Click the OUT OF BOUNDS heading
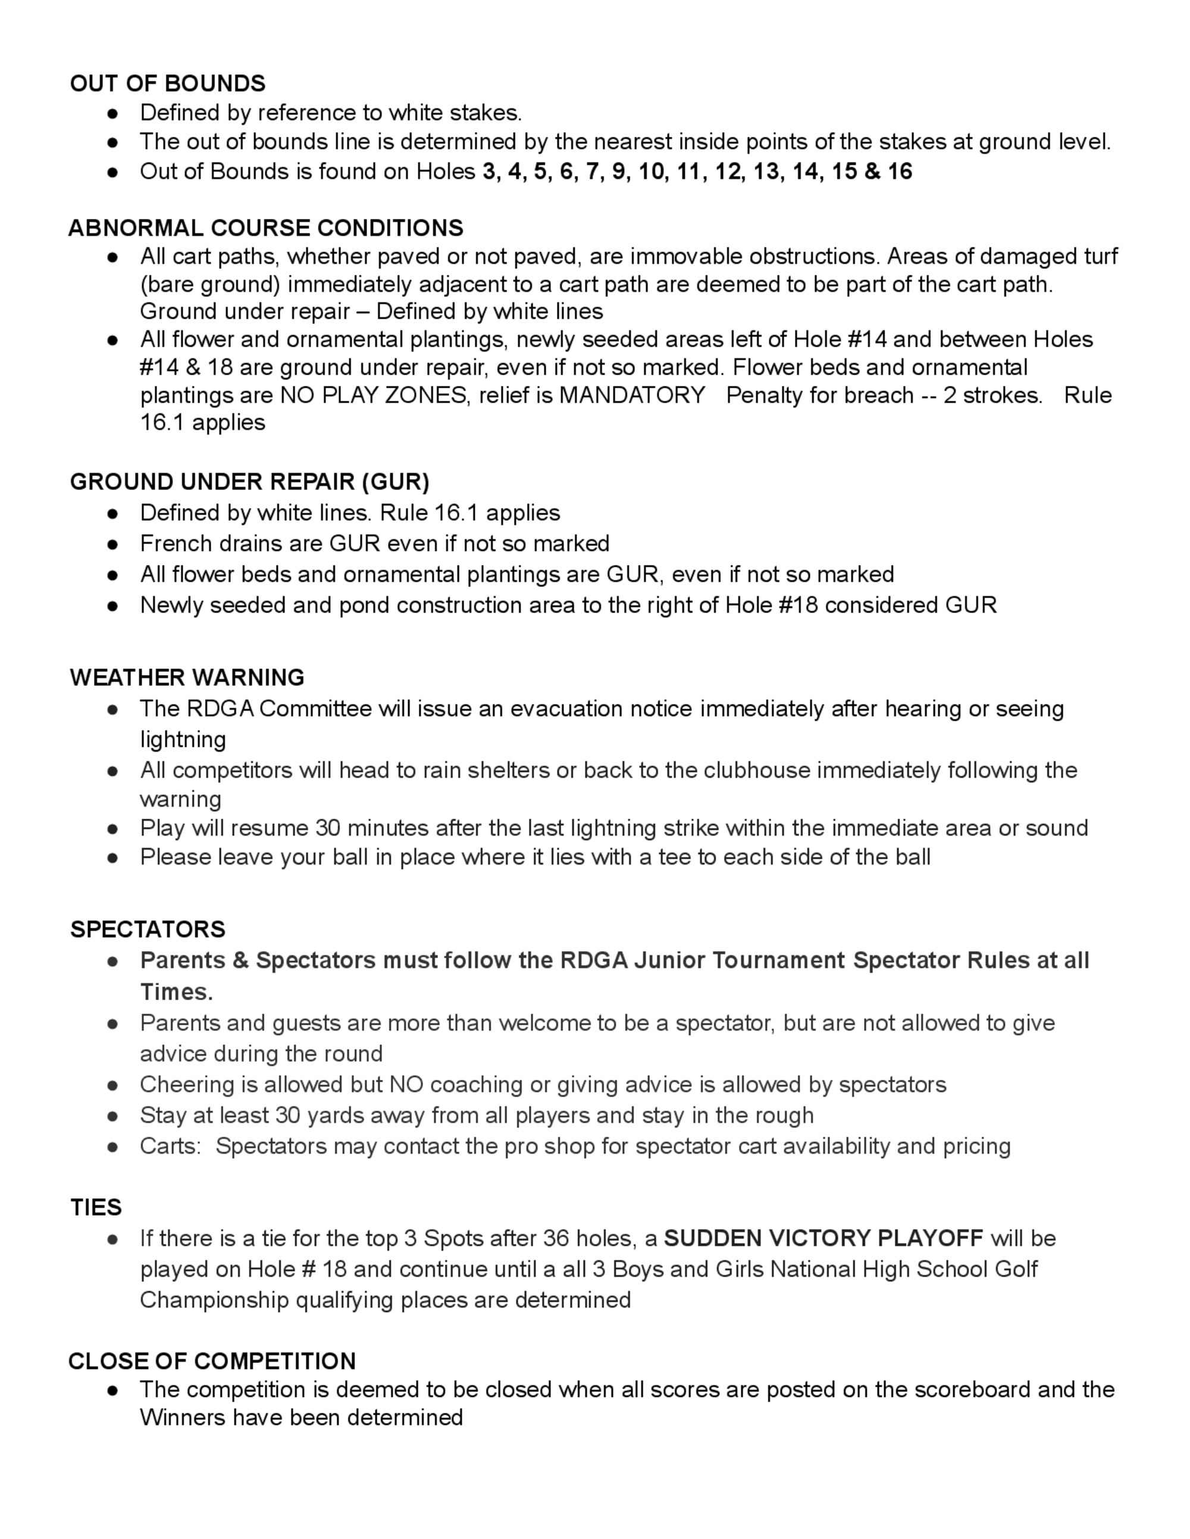pos(168,84)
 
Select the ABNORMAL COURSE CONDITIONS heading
pos(266,228)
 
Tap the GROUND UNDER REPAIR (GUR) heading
pos(249,482)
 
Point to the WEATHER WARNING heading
pos(187,678)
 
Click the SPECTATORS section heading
pos(148,929)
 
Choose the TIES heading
pos(96,1208)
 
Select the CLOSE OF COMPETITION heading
pos(212,1361)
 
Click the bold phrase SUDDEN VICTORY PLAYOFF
pos(823,1238)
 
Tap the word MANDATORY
pos(632,395)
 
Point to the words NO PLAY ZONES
pos(374,395)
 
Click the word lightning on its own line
pos(183,740)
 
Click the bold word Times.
pos(176,992)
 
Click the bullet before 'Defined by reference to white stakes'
pos(113,114)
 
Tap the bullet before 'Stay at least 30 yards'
pos(113,1116)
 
